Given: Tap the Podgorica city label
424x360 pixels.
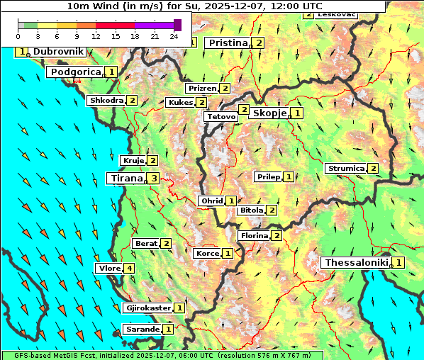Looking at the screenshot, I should point(74,72).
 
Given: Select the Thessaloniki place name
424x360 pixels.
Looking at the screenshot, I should point(356,263).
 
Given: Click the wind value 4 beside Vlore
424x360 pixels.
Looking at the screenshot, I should point(128,269).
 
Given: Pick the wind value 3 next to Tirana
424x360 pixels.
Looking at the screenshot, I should point(154,179).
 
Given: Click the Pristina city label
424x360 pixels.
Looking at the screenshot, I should point(228,43).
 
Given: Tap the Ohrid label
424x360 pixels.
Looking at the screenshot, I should point(211,201).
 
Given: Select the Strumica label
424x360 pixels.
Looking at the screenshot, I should point(345,169).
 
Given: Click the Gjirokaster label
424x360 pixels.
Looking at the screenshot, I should point(147,308).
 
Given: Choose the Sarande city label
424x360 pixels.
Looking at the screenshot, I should point(142,330).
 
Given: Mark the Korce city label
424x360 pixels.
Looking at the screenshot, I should point(207,253).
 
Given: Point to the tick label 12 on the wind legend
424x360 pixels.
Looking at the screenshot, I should point(96,35).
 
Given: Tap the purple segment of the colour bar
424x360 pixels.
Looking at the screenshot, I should point(155,25).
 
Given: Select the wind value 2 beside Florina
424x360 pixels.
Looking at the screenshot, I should point(277,236).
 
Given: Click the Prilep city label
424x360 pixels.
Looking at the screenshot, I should point(268,176).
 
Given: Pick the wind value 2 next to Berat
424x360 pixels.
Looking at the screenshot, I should point(166,244).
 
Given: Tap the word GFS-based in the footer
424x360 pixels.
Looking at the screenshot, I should point(26,355).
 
